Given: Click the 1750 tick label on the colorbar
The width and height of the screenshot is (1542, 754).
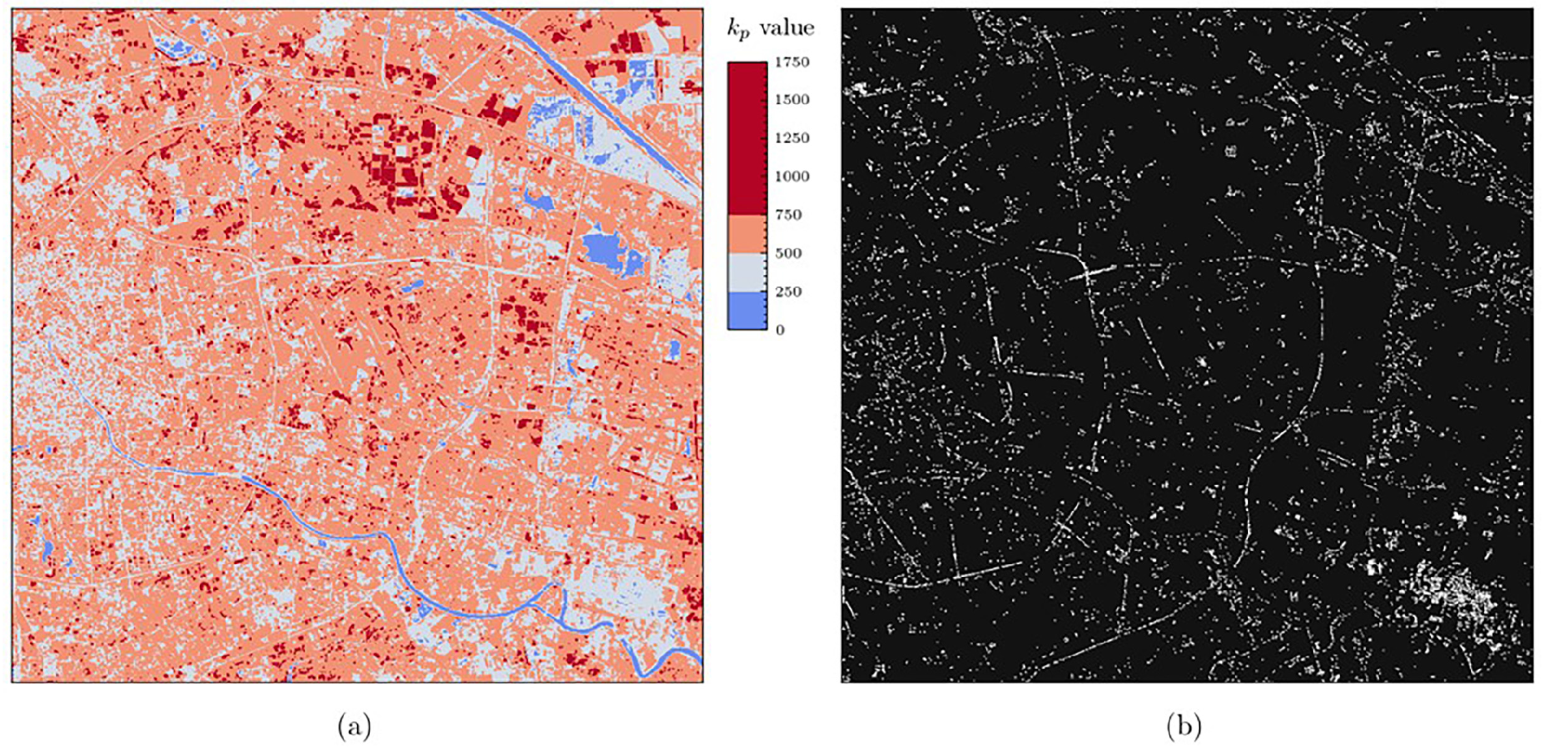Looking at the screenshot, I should [x=792, y=62].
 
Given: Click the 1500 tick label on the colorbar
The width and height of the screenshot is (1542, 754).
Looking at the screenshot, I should [x=792, y=100].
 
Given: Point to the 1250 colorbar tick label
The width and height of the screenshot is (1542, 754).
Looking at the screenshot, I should [x=792, y=138].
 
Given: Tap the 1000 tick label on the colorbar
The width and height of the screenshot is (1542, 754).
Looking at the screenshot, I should [x=792, y=176].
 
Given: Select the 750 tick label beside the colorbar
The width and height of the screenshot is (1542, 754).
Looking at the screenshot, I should [x=788, y=215].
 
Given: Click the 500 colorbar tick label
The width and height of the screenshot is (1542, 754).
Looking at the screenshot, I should [x=788, y=253].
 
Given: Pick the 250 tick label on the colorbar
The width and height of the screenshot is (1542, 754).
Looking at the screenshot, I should [x=788, y=292].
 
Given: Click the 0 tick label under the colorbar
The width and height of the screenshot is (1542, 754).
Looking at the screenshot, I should [x=780, y=330].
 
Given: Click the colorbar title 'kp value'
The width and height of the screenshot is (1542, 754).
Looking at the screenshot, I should [x=770, y=29].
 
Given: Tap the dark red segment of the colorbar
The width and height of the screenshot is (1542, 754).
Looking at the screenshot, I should [x=747, y=138].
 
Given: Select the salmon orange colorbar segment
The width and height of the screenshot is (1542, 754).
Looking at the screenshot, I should [x=747, y=234].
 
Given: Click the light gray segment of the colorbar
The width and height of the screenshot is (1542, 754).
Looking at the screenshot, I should [x=747, y=272].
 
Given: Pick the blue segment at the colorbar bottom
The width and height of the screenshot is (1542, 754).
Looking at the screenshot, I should [x=747, y=311].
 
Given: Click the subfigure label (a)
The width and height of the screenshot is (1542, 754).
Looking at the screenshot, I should [x=354, y=725].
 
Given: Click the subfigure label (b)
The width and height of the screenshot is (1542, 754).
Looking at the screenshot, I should [x=1184, y=725].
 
